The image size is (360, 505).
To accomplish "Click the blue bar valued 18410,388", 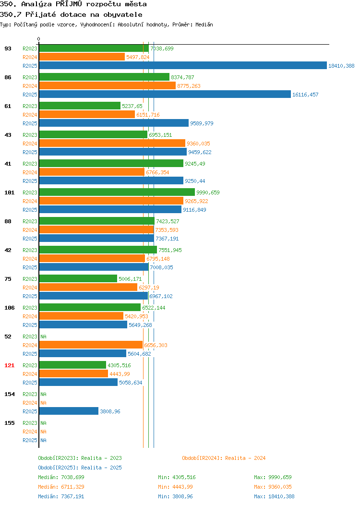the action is click(183, 66).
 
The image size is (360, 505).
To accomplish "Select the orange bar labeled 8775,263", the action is click(108, 86).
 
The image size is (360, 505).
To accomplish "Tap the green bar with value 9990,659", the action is click(117, 192).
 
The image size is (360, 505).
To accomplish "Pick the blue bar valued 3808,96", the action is click(69, 411).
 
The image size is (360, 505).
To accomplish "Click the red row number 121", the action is click(9, 365).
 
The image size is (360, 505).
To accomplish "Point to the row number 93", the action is click(8, 48).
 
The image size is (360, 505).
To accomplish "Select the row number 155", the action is click(9, 423).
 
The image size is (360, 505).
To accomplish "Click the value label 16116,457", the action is click(305, 95).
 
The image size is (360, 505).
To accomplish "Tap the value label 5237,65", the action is click(132, 106).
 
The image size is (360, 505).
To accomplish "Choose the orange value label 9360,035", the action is click(198, 144).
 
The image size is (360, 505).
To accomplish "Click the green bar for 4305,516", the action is click(73, 365).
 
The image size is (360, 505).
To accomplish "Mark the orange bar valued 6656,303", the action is click(91, 345).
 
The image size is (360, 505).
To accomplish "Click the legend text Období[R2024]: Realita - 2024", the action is click(224, 458).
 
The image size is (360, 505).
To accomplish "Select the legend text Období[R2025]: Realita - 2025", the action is click(80, 468).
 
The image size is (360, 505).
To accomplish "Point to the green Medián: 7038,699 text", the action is click(61, 477).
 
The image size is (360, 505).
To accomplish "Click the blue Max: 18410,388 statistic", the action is click(274, 497).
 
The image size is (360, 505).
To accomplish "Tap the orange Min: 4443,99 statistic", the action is click(176, 487).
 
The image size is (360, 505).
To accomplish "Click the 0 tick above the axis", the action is click(39, 39).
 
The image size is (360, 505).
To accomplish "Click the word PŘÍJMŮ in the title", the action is click(69, 4).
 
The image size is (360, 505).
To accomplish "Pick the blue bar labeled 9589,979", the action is click(114, 123).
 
